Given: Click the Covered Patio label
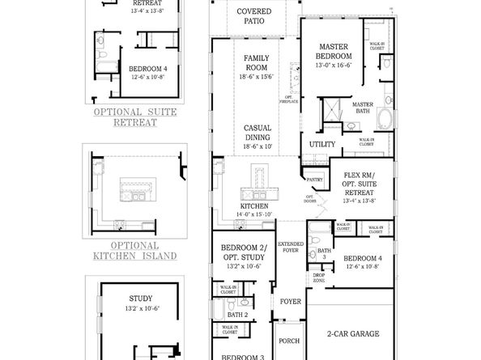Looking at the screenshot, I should click(x=253, y=17).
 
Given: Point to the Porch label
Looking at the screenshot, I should click(x=289, y=341).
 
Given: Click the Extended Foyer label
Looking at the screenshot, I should click(x=289, y=247).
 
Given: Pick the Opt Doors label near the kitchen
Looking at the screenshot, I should click(x=309, y=198).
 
